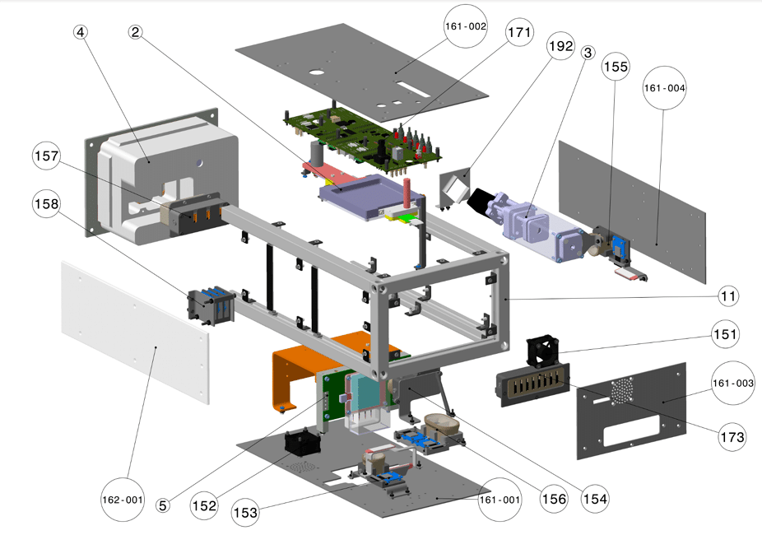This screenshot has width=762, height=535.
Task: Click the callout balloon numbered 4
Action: click(80, 32)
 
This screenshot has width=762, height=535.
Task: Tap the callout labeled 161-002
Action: click(466, 26)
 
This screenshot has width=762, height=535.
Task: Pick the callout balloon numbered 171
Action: click(519, 33)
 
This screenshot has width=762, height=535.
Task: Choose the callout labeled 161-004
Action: click(665, 88)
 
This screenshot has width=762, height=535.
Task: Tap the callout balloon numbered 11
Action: click(727, 295)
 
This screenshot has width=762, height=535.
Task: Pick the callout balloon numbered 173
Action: click(728, 435)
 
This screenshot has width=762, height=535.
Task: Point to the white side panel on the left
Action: click(132, 329)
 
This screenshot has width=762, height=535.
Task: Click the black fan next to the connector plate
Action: click(543, 350)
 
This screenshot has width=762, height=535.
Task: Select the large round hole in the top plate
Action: click(317, 71)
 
